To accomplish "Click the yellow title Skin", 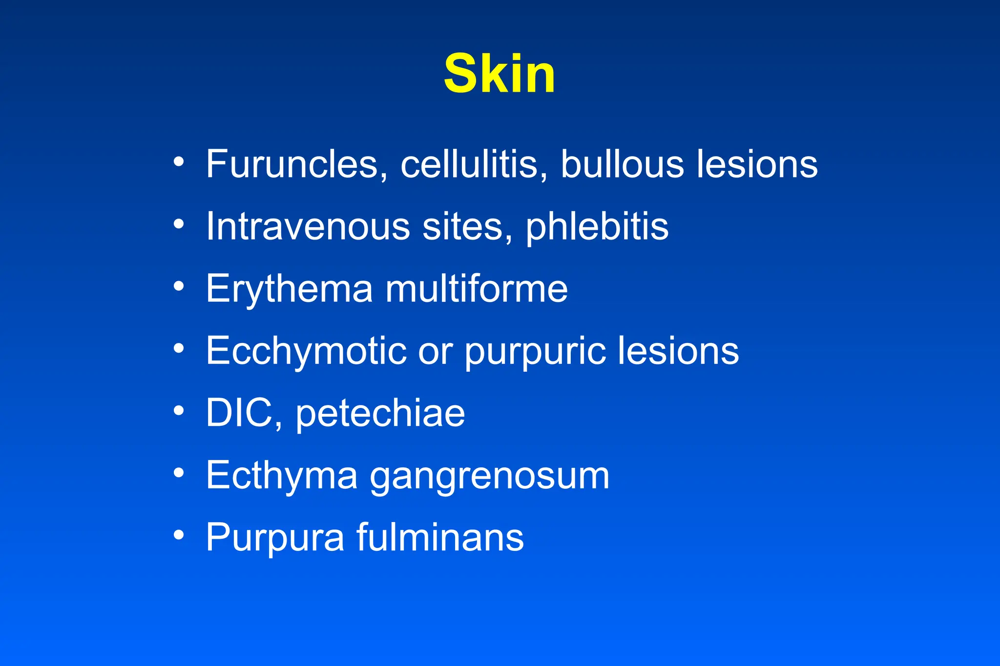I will point(500,74).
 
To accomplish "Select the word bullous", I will point(622,164).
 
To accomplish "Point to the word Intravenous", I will point(308,226).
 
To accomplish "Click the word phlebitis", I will point(597,227).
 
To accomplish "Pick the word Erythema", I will point(290,289).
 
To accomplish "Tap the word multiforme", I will point(477,289).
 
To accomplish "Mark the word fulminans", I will point(440,537).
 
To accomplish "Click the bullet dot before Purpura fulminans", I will point(179,535).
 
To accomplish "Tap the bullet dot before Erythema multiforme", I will point(179,286).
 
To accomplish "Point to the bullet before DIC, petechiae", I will point(179,411).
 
